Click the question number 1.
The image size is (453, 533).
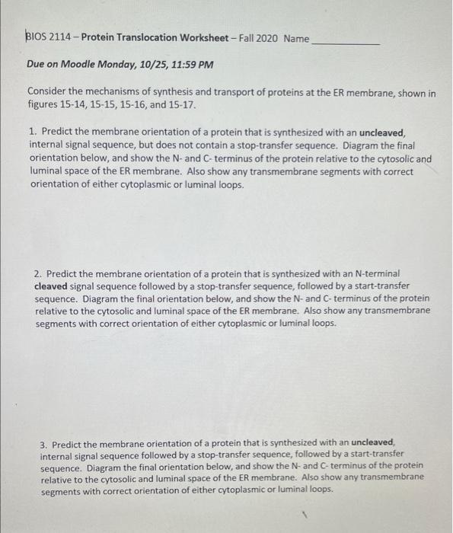pos(32,132)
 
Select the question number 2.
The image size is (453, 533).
pos(38,273)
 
